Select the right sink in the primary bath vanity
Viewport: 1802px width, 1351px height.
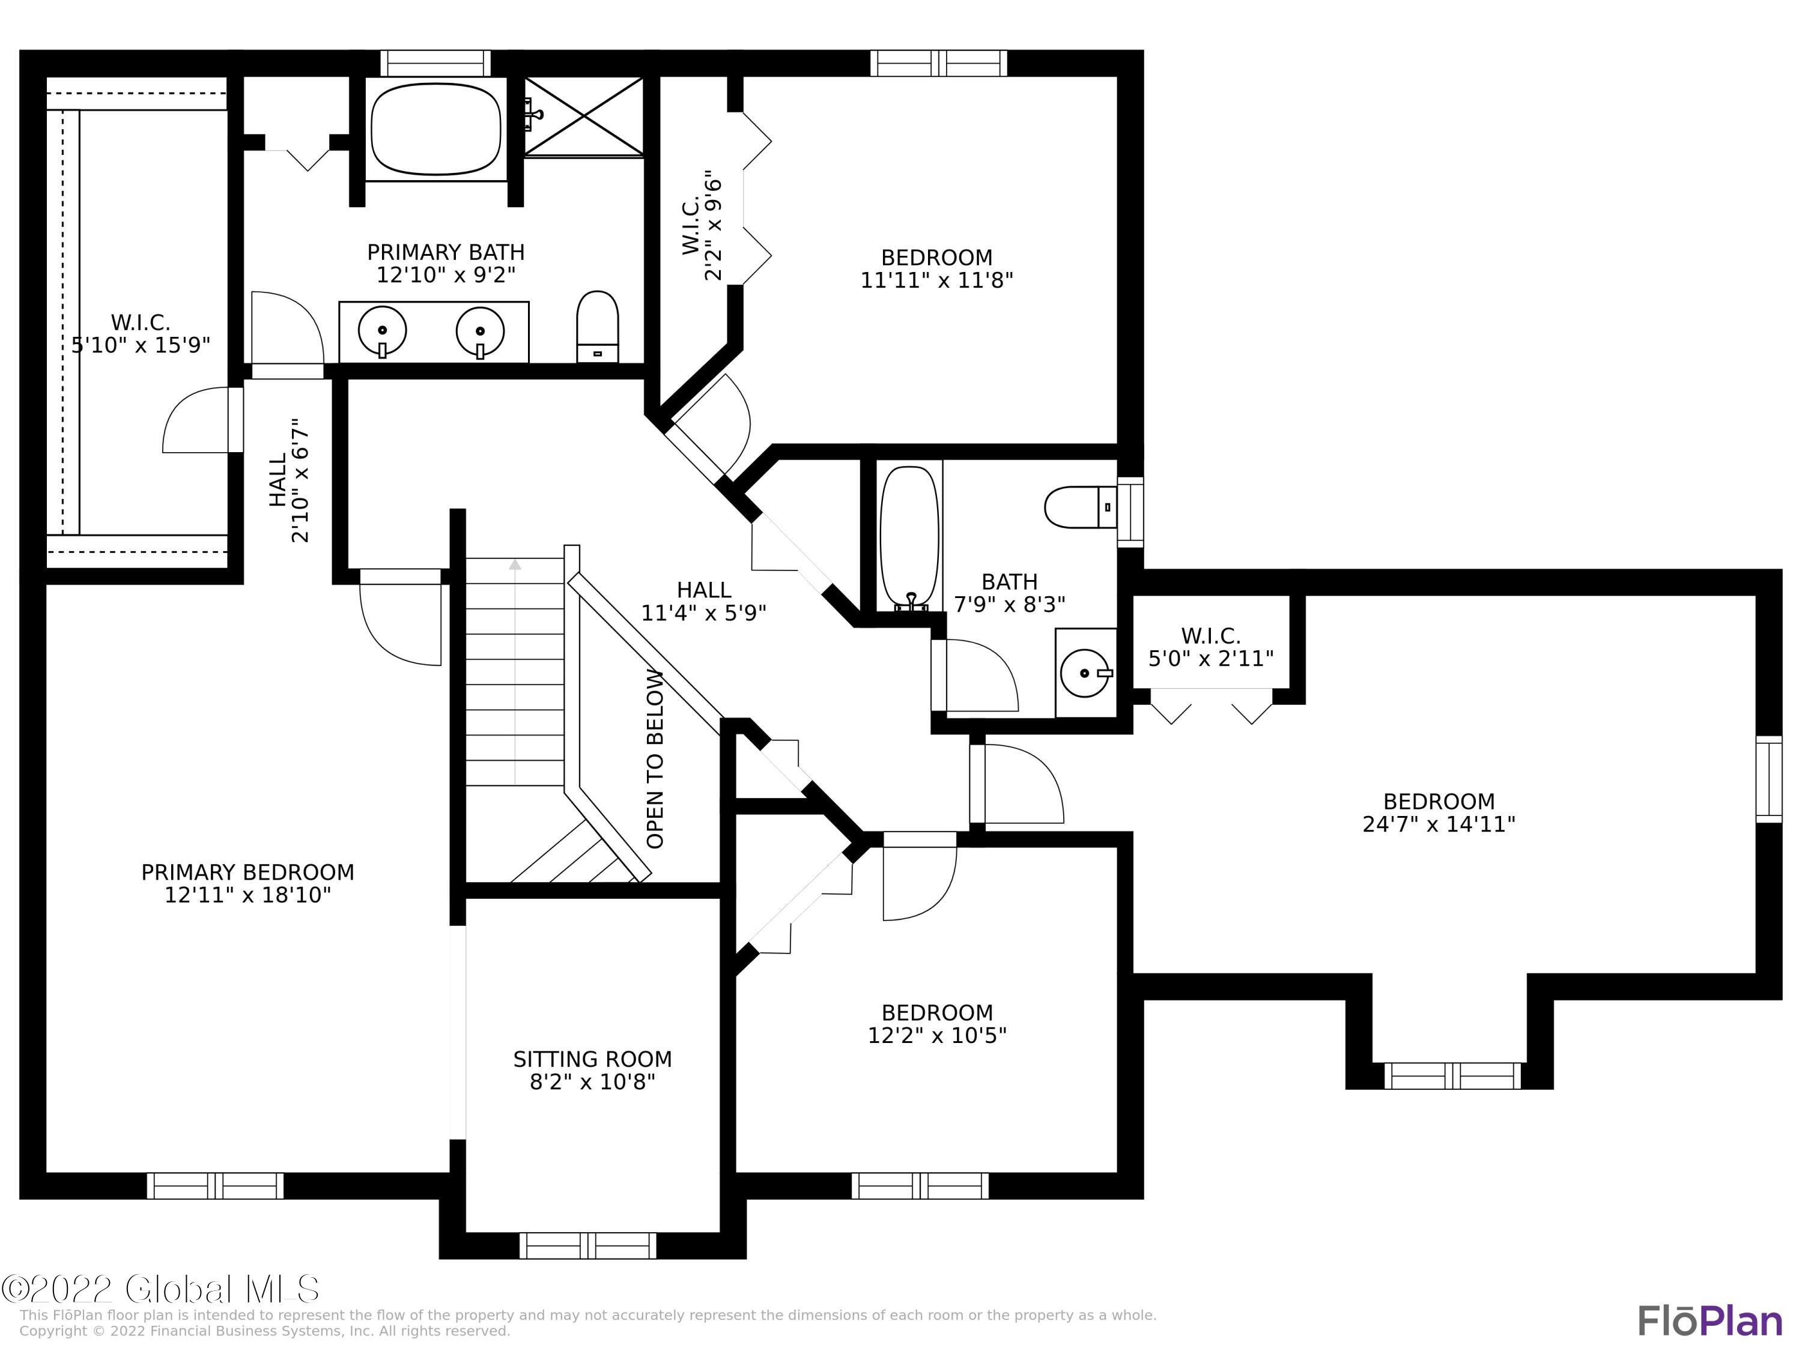pyautogui.click(x=480, y=331)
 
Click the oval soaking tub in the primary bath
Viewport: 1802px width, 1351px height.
pyautogui.click(x=436, y=128)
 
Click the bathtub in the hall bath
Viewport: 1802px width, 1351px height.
pyautogui.click(x=910, y=537)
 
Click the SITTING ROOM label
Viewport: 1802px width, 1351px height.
pyautogui.click(x=592, y=1059)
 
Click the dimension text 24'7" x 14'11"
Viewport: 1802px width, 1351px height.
pyautogui.click(x=1439, y=824)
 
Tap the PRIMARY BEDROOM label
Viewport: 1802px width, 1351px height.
pyautogui.click(x=247, y=872)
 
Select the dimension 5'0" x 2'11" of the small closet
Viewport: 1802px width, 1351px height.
pyautogui.click(x=1210, y=658)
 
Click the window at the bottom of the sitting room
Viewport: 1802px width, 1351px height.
pyautogui.click(x=587, y=1245)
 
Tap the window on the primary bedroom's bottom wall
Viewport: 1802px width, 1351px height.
pyautogui.click(x=215, y=1186)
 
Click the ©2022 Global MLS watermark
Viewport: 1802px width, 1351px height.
pyautogui.click(x=160, y=1289)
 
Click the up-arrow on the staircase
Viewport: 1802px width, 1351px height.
pyautogui.click(x=514, y=564)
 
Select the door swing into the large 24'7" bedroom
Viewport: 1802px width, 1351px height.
pyautogui.click(x=1022, y=784)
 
